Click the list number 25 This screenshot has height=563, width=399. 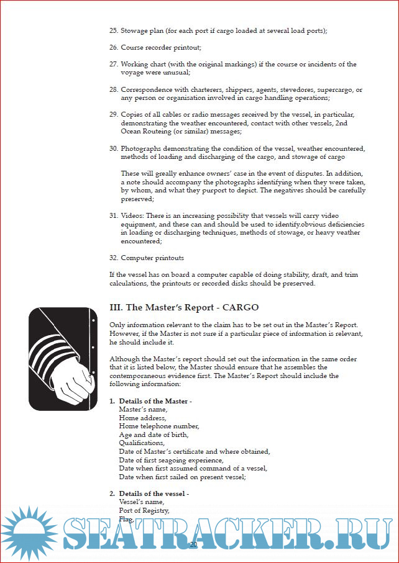point(114,30)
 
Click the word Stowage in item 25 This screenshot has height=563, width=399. point(134,30)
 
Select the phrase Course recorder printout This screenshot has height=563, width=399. point(160,47)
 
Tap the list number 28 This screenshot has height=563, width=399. point(114,89)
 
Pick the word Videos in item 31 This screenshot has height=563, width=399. point(132,216)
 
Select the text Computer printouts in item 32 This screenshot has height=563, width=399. point(152,258)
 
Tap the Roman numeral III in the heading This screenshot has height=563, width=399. point(116,307)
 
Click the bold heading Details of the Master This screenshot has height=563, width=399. point(155,402)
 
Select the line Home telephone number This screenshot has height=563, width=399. point(158,426)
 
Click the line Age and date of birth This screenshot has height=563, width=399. point(154,435)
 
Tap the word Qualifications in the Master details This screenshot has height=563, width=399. point(142,443)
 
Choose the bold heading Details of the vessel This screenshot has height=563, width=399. point(154,494)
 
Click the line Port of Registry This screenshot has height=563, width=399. point(144,511)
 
